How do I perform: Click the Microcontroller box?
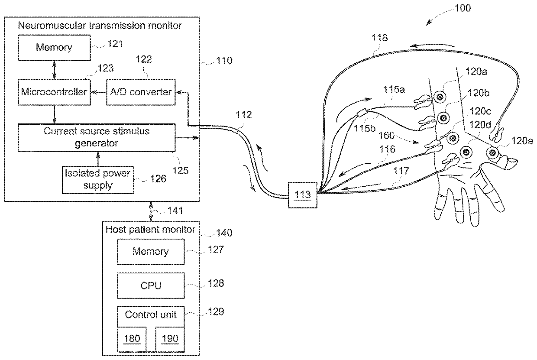[54, 92]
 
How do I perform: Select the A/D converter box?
[141, 92]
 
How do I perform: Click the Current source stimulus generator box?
[97, 137]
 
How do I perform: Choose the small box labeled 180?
[132, 338]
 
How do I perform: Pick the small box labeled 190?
[170, 338]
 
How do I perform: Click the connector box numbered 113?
[302, 195]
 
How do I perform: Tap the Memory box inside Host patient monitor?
[150, 252]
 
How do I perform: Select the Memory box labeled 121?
[54, 47]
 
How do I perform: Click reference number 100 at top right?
[463, 8]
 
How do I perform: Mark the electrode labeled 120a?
[440, 97]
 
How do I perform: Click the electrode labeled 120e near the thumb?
[492, 152]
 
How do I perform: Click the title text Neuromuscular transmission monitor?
[100, 25]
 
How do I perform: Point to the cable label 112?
[243, 115]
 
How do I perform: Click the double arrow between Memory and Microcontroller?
[54, 69]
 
